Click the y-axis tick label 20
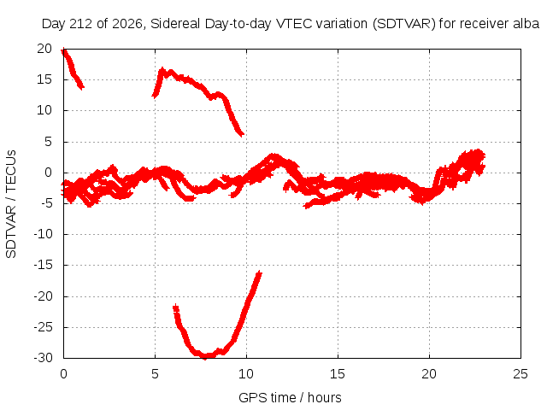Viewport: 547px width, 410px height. (44, 49)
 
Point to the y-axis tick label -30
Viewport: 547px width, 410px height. (43, 358)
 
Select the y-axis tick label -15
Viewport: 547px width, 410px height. (43, 265)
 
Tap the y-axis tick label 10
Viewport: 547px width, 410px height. (44, 110)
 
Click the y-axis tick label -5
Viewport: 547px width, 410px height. (46, 203)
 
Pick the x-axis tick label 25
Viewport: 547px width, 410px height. (521, 374)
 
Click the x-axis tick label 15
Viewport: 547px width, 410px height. (338, 374)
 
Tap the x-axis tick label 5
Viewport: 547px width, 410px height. (155, 374)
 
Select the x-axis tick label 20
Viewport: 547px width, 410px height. (429, 374)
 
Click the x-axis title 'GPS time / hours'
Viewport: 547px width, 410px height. (290, 397)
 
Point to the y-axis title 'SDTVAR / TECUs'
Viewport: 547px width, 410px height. (11, 204)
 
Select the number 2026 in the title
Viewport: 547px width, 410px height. (127, 24)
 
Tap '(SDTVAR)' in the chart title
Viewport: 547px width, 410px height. (404, 24)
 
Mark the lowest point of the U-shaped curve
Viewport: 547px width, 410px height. (206, 356)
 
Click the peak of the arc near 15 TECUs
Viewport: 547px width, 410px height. (162, 71)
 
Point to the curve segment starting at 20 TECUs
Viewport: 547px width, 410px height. (72, 68)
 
